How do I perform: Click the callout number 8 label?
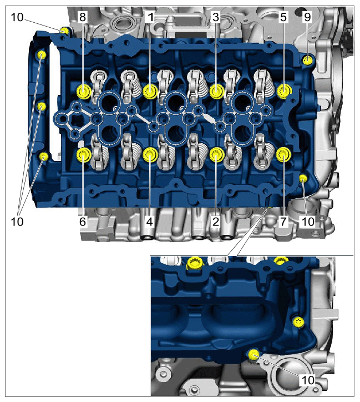[82, 17]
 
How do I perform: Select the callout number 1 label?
[150, 17]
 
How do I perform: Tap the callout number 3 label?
[216, 17]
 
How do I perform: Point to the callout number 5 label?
[283, 17]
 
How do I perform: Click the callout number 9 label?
[307, 17]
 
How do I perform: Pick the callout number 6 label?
[83, 221]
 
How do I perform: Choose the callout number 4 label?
[150, 221]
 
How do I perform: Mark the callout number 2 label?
[216, 221]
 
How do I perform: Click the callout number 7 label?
[283, 221]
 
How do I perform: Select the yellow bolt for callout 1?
[150, 91]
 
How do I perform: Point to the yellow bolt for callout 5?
[284, 91]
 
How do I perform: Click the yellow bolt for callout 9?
[307, 61]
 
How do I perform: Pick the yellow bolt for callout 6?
[84, 155]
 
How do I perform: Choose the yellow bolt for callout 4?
[150, 155]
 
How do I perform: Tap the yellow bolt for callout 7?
[283, 155]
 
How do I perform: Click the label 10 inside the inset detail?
[308, 380]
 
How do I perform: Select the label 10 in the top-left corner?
[17, 17]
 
